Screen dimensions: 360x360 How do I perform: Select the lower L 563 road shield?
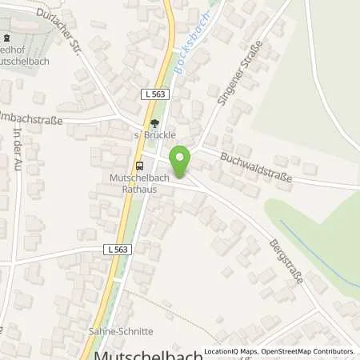(x=117, y=250)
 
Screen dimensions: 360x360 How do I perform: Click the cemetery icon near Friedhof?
(x=6, y=38)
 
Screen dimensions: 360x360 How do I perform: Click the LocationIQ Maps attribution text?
(x=231, y=351)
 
